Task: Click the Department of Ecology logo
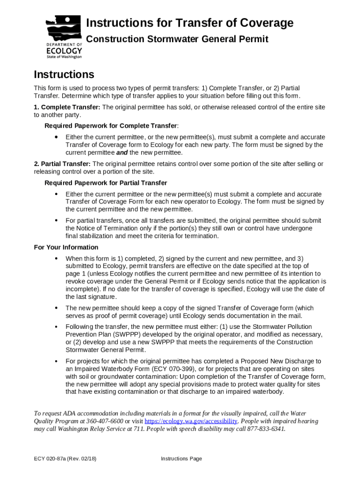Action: tap(64, 37)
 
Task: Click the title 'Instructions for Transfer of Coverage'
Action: tap(190, 23)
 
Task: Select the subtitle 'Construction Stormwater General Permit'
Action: tap(177, 39)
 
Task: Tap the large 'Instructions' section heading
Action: tap(64, 74)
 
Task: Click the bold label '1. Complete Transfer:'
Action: tap(67, 107)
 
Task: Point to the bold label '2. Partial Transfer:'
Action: tap(62, 164)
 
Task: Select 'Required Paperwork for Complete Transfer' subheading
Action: tap(111, 126)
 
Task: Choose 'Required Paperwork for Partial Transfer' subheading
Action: tap(106, 183)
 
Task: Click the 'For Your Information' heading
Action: tap(66, 247)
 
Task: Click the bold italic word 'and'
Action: tap(122, 152)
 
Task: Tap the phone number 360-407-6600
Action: tap(104, 421)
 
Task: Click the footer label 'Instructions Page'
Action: tap(181, 458)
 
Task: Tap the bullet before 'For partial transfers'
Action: tap(56, 220)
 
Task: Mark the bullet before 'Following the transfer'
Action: tap(56, 327)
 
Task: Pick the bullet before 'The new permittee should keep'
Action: tap(56, 308)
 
